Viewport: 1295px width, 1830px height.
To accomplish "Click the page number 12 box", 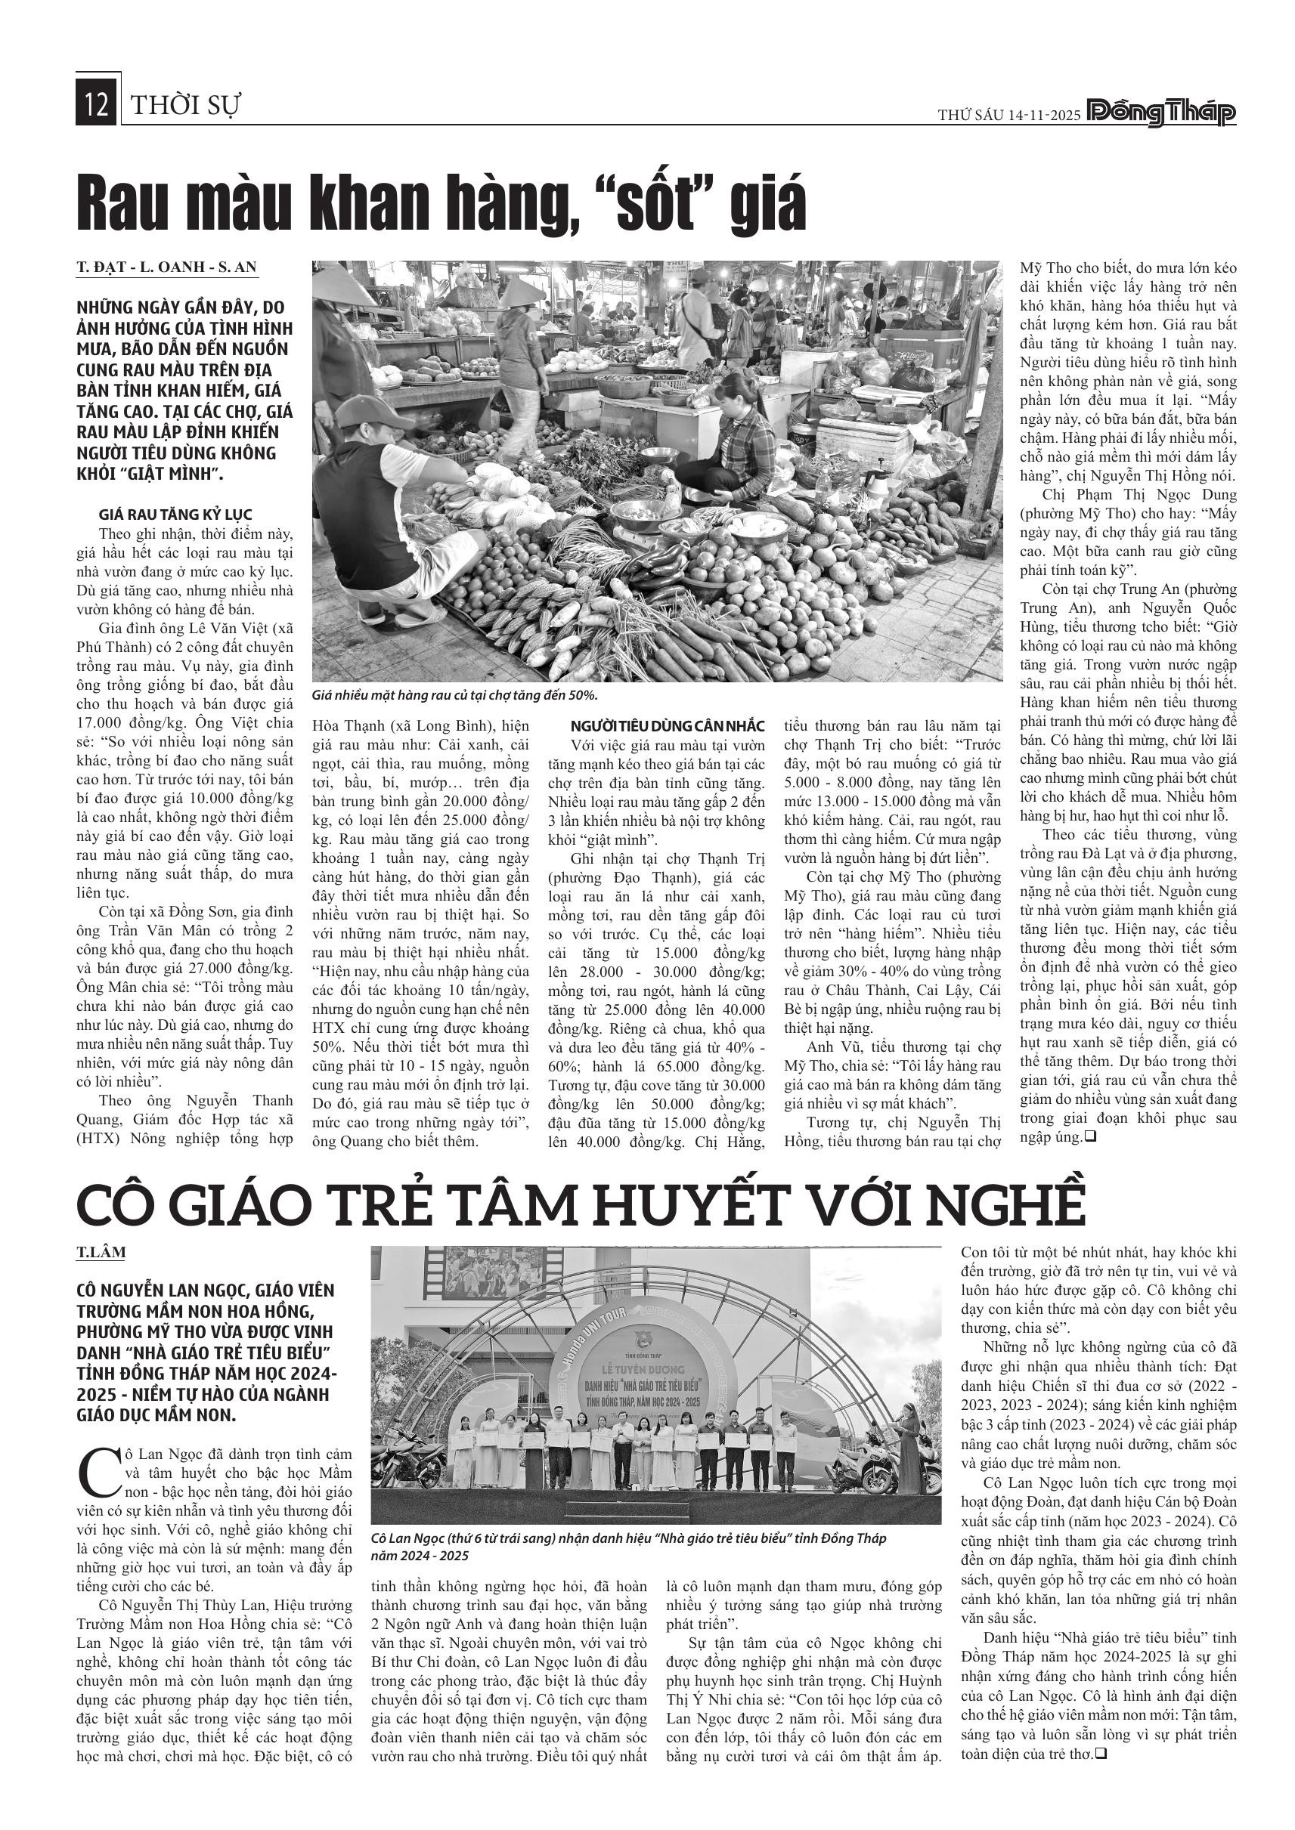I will pyautogui.click(x=97, y=105).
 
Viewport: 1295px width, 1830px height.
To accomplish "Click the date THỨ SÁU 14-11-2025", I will pyautogui.click(x=1008, y=115).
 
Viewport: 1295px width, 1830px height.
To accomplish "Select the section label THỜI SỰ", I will pyautogui.click(x=185, y=105).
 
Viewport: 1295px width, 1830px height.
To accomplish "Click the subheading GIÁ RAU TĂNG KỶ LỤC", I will pyautogui.click(x=175, y=514).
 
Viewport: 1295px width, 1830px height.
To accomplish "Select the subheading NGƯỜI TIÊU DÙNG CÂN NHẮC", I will pyautogui.click(x=668, y=726).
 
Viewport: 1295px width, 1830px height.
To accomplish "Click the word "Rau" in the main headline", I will pyautogui.click(x=132, y=204).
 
